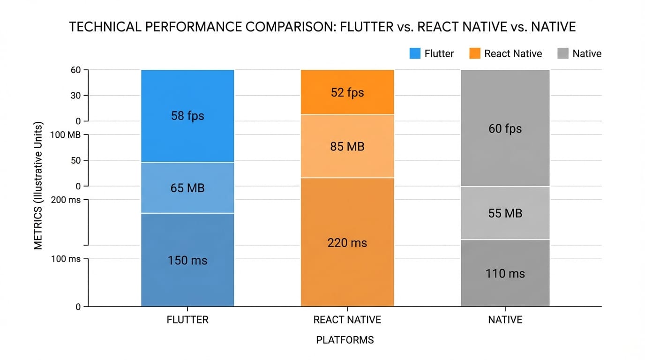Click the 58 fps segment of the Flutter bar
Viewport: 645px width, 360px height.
pyautogui.click(x=187, y=116)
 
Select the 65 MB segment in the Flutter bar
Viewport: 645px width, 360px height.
pyautogui.click(x=187, y=188)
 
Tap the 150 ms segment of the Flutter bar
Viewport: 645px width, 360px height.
pyautogui.click(x=187, y=260)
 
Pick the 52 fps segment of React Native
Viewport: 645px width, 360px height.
pyautogui.click(x=347, y=92)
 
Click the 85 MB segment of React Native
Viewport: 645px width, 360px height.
pyautogui.click(x=347, y=146)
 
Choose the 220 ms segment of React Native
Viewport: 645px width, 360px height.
pyautogui.click(x=347, y=242)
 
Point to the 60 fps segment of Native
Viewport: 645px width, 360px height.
pyautogui.click(x=505, y=128)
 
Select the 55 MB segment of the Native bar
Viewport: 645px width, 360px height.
pyautogui.click(x=505, y=213)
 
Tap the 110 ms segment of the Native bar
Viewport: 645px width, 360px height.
pyautogui.click(x=505, y=273)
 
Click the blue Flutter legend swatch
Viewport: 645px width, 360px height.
pyautogui.click(x=415, y=53)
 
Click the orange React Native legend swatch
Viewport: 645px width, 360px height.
pyautogui.click(x=475, y=53)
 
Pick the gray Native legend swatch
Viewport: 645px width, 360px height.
pyautogui.click(x=563, y=53)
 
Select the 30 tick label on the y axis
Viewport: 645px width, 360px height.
pyautogui.click(x=75, y=96)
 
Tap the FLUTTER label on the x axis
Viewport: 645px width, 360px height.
pyautogui.click(x=187, y=320)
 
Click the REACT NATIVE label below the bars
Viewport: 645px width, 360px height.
pyautogui.click(x=347, y=320)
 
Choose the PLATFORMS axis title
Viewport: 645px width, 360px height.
pyautogui.click(x=345, y=340)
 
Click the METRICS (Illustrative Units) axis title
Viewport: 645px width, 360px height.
pyautogui.click(x=38, y=186)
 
